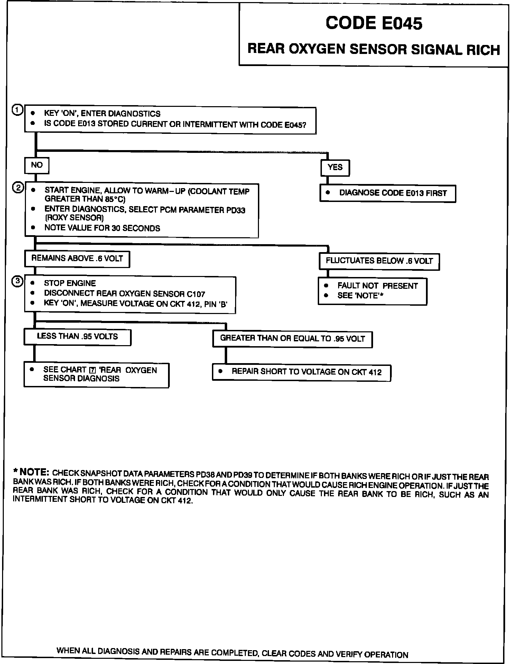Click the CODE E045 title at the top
(x=374, y=23)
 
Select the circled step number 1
(x=17, y=110)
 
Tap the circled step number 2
(x=18, y=188)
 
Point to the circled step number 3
(x=17, y=282)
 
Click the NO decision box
(x=37, y=165)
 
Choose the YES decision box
(x=335, y=167)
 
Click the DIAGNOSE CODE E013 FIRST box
(x=388, y=193)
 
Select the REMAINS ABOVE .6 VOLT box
(x=77, y=259)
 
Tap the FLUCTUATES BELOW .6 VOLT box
(x=379, y=261)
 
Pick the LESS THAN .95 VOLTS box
(x=77, y=337)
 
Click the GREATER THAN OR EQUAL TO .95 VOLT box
(x=292, y=339)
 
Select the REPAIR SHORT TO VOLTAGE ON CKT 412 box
(x=301, y=372)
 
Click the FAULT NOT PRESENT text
(x=378, y=286)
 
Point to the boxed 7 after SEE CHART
(x=92, y=370)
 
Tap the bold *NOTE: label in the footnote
(x=32, y=472)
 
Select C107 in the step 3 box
(x=196, y=294)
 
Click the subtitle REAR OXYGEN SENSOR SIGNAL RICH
(x=374, y=49)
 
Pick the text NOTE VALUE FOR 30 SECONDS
(x=102, y=228)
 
